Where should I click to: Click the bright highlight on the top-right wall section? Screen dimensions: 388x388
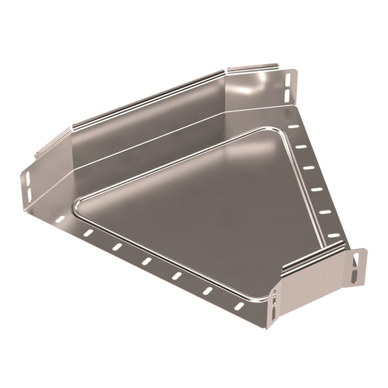pyautogui.click(x=259, y=84)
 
